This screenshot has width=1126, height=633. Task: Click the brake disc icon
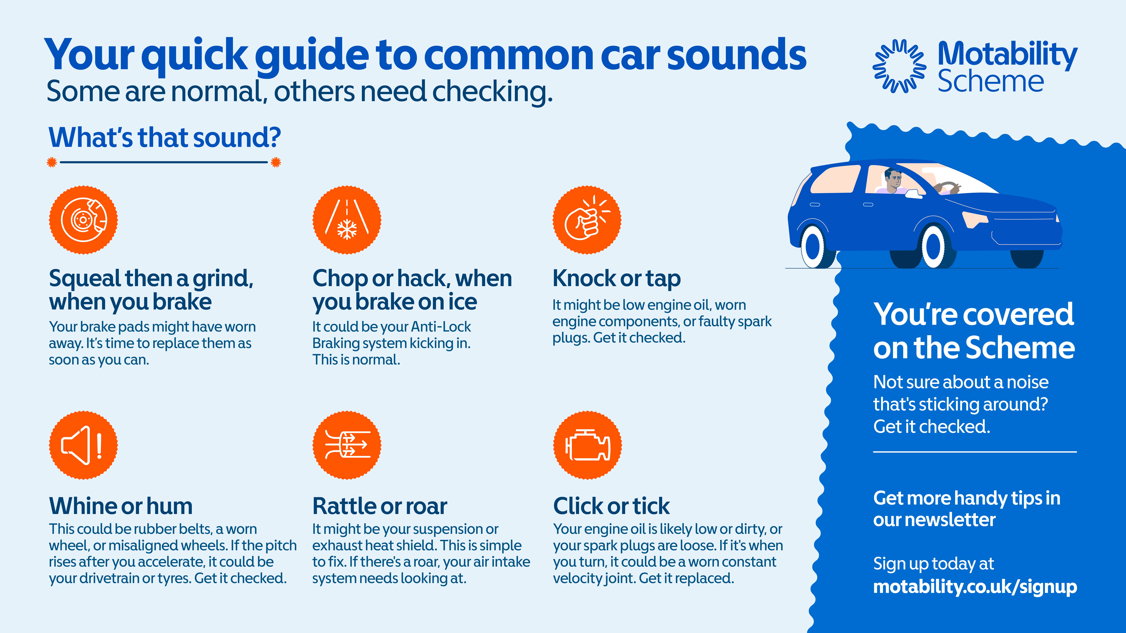pyautogui.click(x=83, y=220)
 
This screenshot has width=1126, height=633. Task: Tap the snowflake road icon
pyautogui.click(x=347, y=220)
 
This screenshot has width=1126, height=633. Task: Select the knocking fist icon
pyautogui.click(x=587, y=220)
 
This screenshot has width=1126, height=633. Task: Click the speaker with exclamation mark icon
pyautogui.click(x=83, y=445)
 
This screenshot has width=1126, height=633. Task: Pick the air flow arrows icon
pyautogui.click(x=347, y=445)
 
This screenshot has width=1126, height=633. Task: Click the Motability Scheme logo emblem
pyautogui.click(x=899, y=66)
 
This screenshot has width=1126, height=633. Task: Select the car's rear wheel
pyautogui.click(x=814, y=247)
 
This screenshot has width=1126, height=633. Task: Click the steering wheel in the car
pyautogui.click(x=946, y=187)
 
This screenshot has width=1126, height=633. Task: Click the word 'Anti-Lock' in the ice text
pyautogui.click(x=441, y=327)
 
